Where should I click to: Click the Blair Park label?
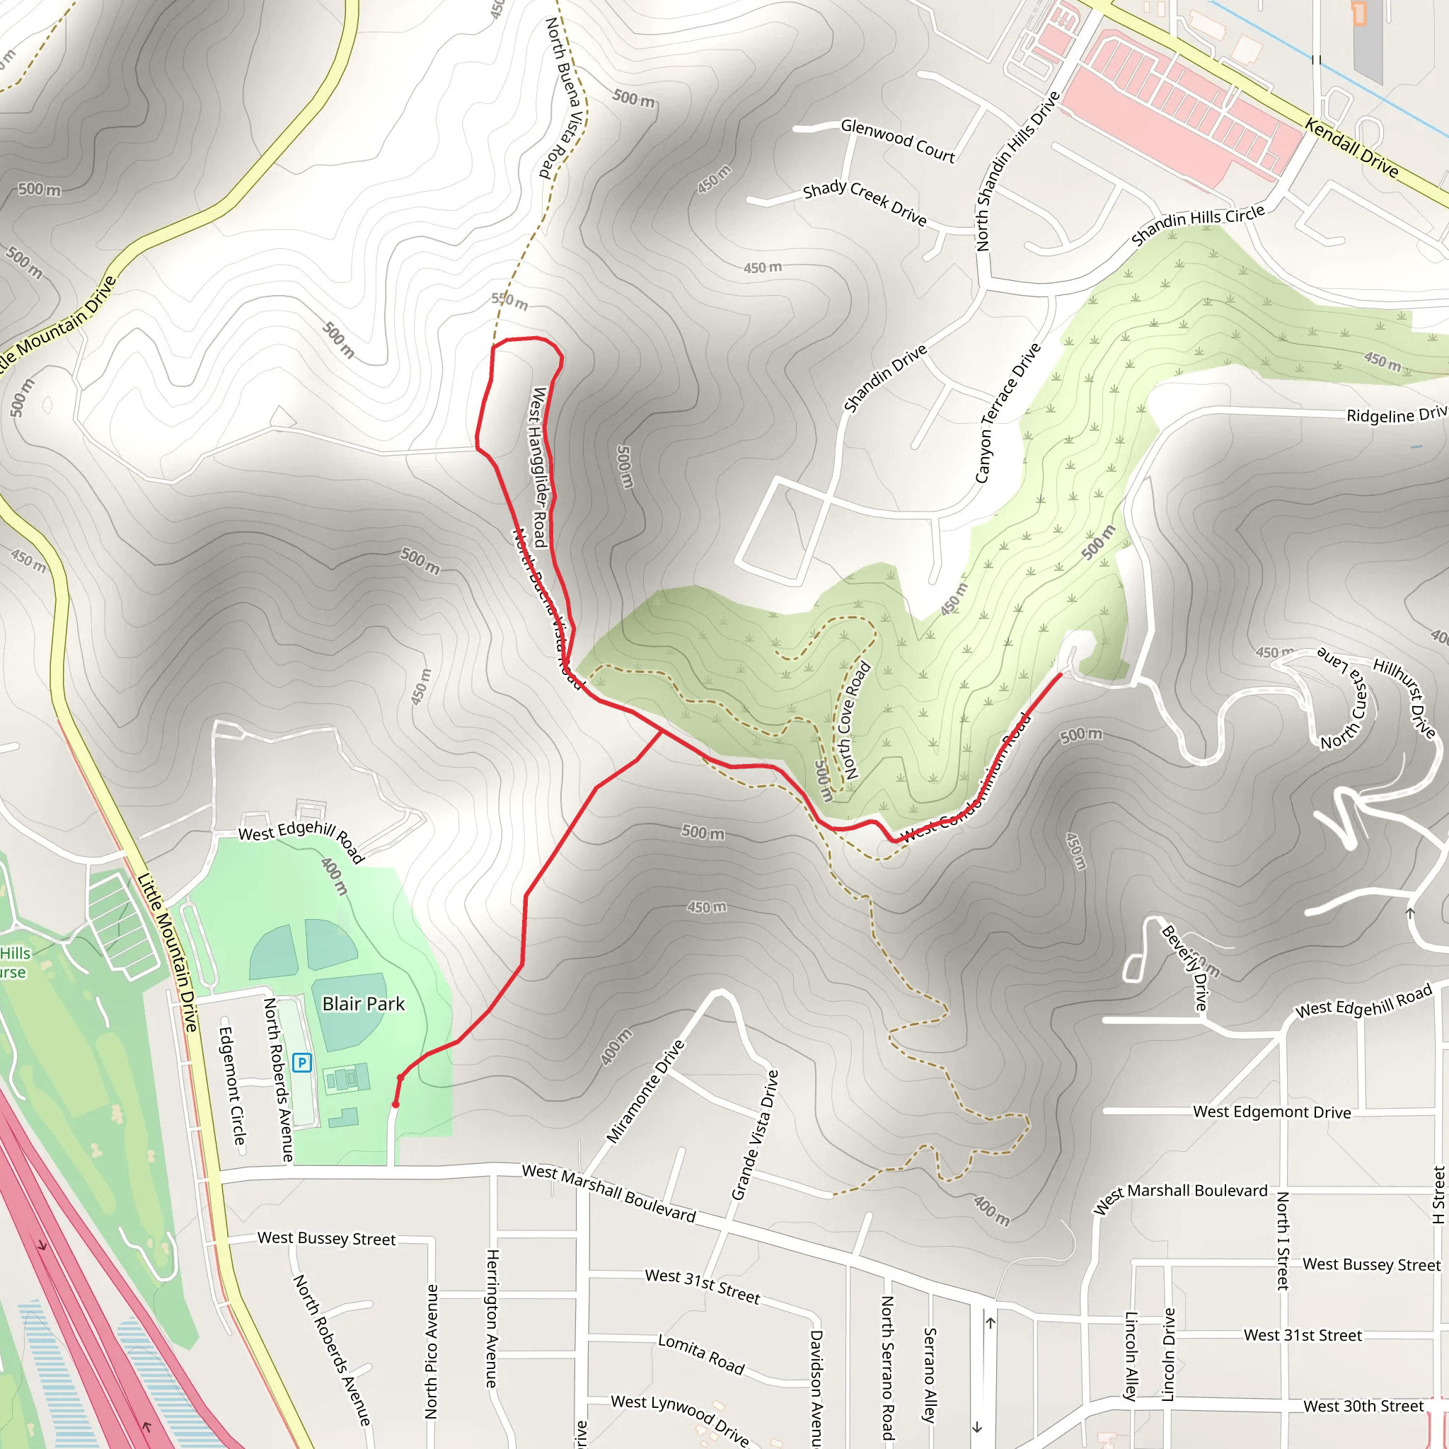(x=363, y=1003)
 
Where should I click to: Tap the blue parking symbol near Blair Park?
(x=301, y=1062)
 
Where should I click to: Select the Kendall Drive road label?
(x=1351, y=148)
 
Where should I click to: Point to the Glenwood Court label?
(x=898, y=141)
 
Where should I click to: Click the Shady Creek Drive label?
(x=865, y=202)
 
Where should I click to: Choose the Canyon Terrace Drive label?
(x=1008, y=412)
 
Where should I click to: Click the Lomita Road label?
(x=701, y=1353)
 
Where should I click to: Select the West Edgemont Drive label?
(x=1272, y=1112)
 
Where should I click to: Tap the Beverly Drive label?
(x=1185, y=967)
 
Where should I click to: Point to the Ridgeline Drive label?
(x=1397, y=415)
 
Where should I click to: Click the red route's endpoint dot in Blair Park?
(x=396, y=1104)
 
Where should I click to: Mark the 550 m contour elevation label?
(x=510, y=301)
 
